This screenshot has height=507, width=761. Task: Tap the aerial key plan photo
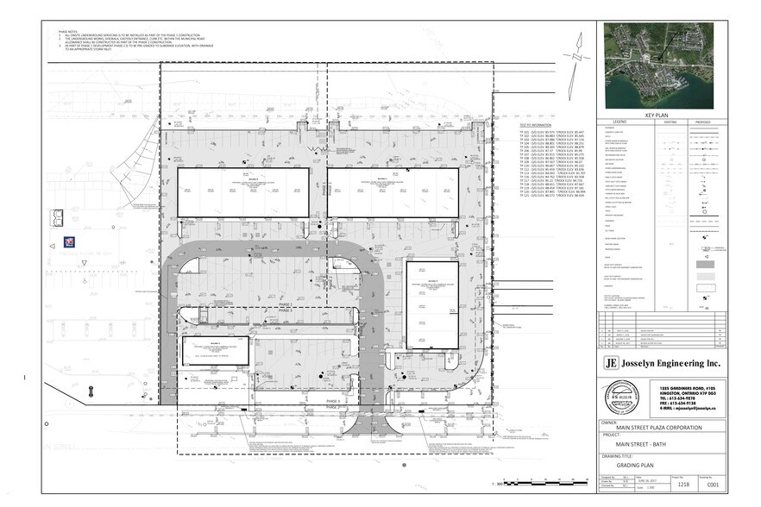click(x=664, y=65)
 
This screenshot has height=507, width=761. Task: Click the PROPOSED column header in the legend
click(x=707, y=122)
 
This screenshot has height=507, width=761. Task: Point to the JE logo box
click(x=612, y=362)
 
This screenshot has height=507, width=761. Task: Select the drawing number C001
click(x=712, y=485)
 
